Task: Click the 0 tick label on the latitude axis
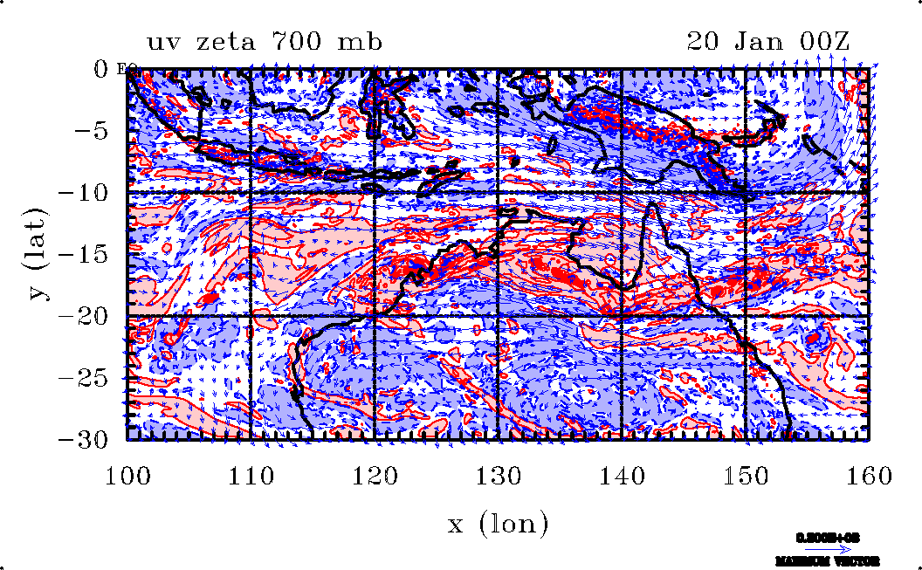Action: click(102, 69)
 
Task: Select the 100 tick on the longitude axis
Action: click(127, 477)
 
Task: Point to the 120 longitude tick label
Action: click(375, 477)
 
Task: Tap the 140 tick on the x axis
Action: click(622, 477)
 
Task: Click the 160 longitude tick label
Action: click(869, 477)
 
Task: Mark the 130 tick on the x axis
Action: click(498, 477)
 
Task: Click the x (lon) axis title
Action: click(498, 524)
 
